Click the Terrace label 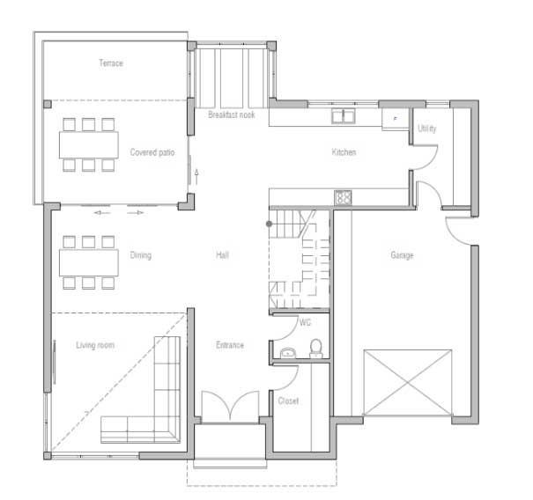[x=111, y=62]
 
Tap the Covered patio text [x=152, y=152]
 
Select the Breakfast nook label [x=232, y=114]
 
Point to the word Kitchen [x=344, y=151]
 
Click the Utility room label [x=427, y=128]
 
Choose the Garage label [x=402, y=254]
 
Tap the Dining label [x=140, y=254]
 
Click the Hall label [x=222, y=254]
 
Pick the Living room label [x=95, y=345]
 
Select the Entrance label [x=230, y=345]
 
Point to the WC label [x=305, y=322]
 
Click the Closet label [x=288, y=401]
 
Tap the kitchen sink [x=344, y=116]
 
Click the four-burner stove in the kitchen [x=343, y=197]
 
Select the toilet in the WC [x=315, y=349]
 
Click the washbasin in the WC [x=288, y=353]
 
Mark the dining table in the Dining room [x=89, y=262]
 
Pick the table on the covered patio [x=89, y=145]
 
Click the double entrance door [x=230, y=407]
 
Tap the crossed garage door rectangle [x=408, y=383]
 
